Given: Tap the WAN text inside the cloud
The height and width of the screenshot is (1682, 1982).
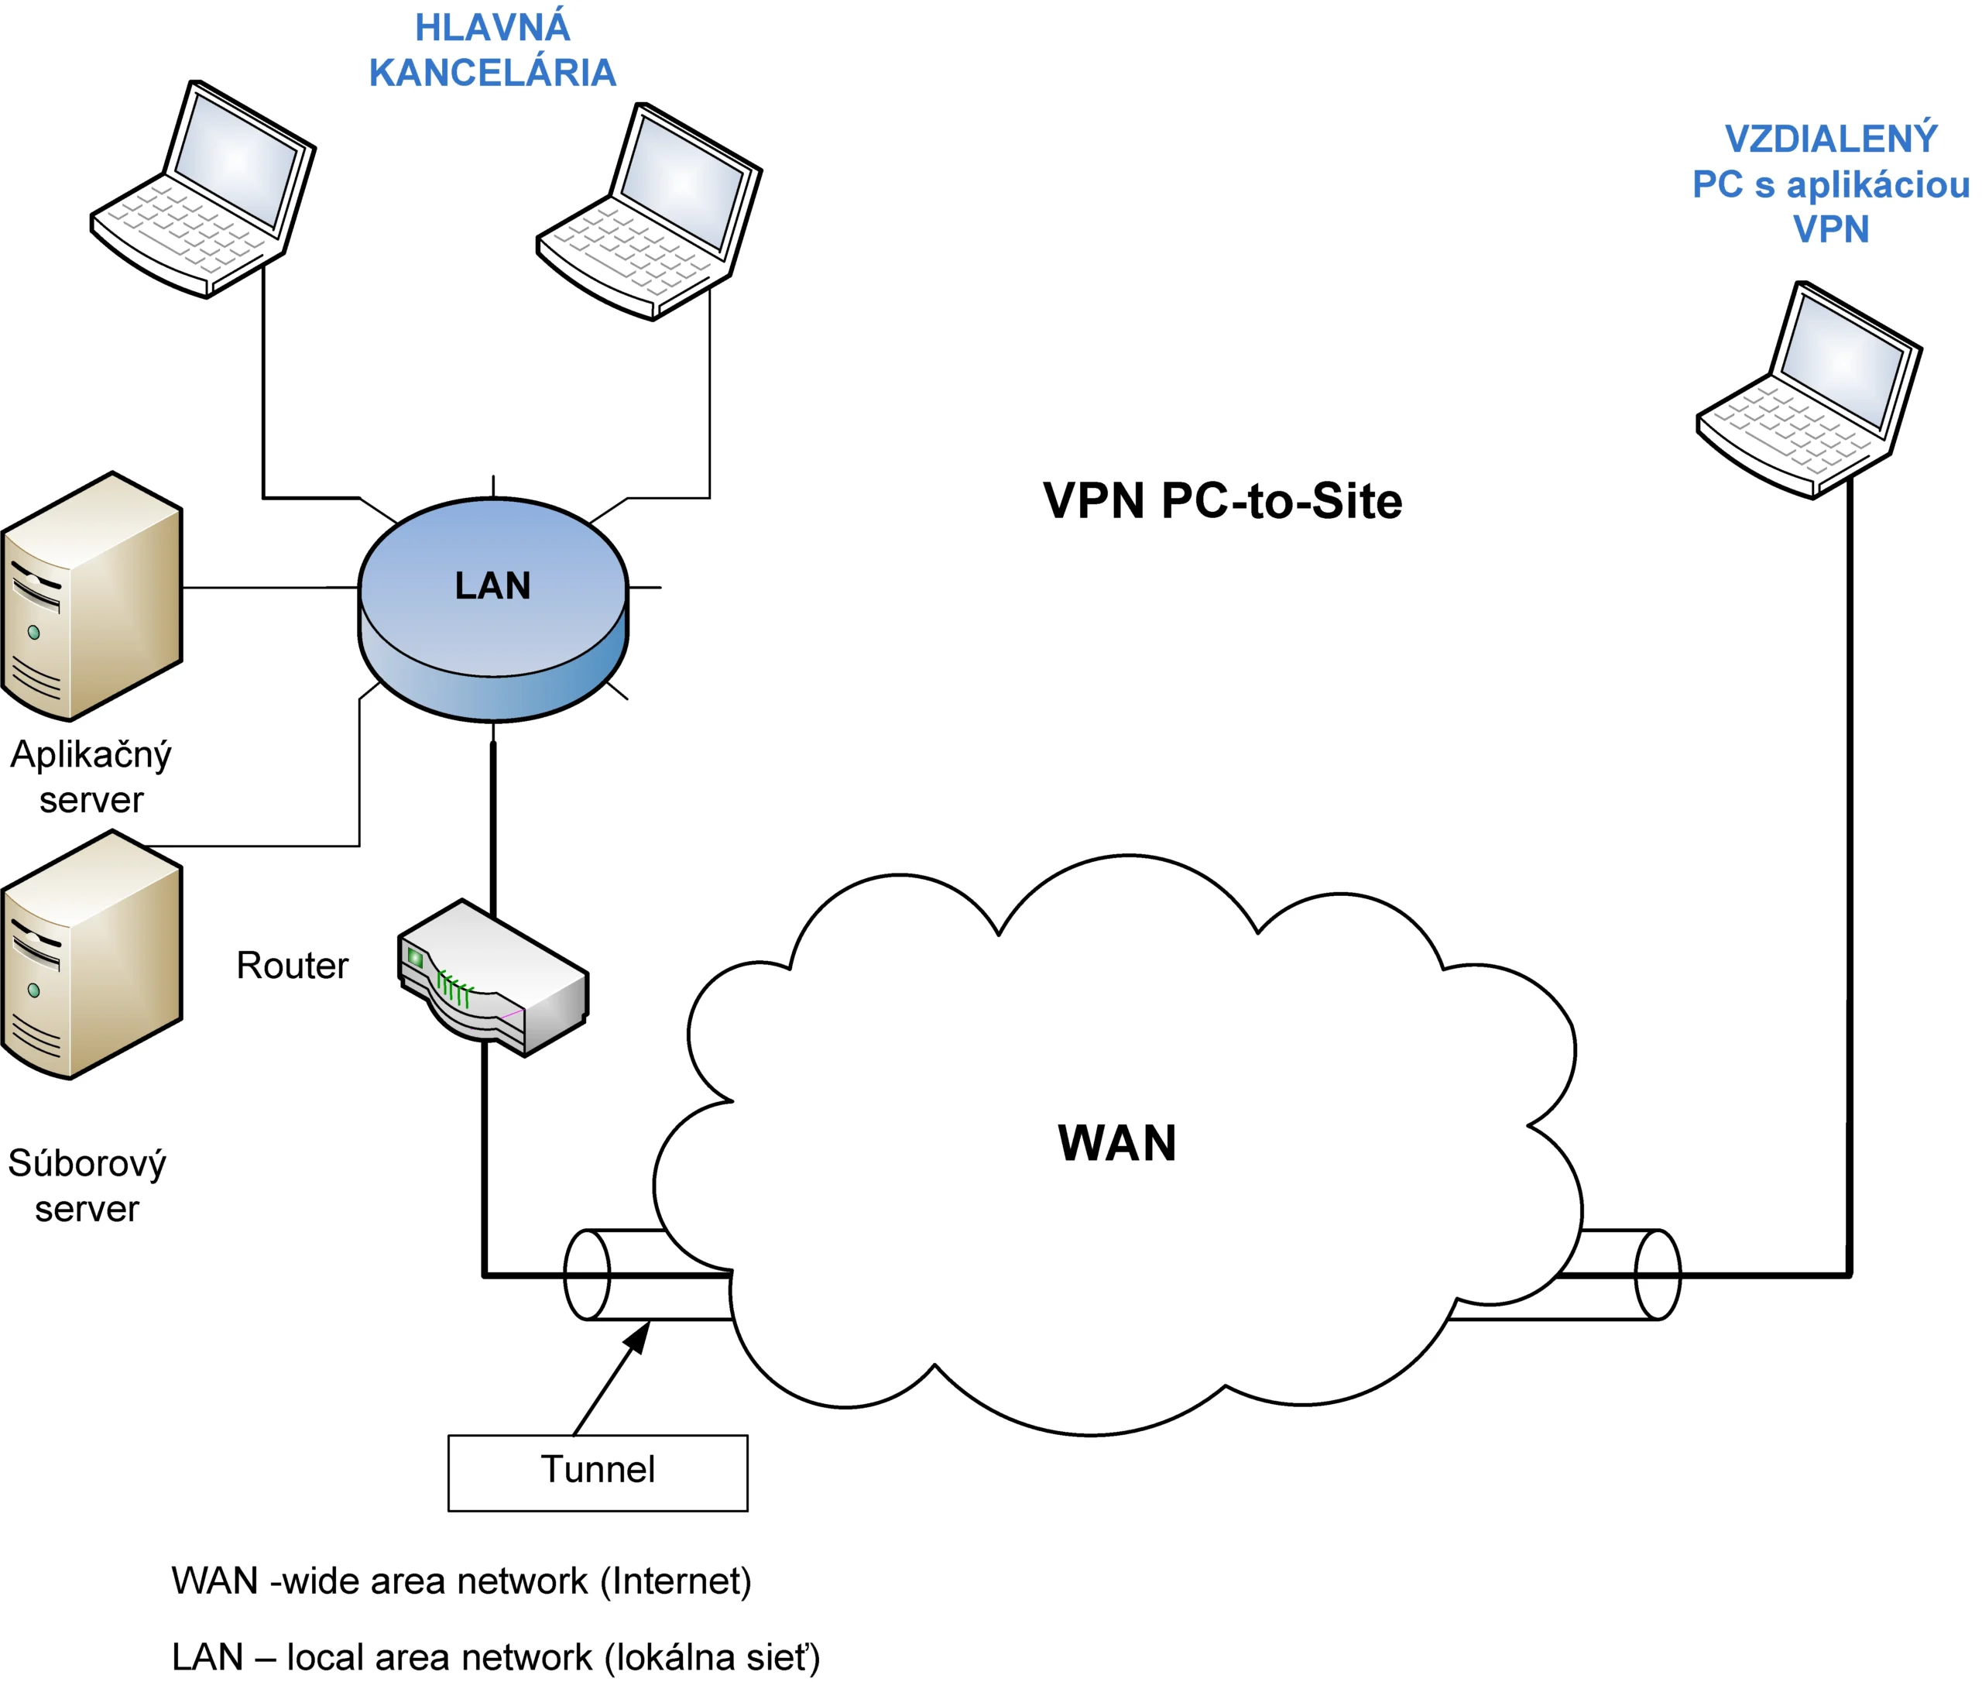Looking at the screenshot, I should click(1116, 1143).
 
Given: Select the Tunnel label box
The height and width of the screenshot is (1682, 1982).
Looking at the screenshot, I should click(598, 1472).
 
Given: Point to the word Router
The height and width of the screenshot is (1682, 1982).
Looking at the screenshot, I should click(292, 966).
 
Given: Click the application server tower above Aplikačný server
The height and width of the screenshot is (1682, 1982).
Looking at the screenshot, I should click(91, 597).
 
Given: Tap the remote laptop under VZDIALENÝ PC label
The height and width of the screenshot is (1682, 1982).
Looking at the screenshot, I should click(1808, 390).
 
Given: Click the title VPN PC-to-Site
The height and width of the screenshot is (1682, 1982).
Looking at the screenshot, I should click(1222, 502).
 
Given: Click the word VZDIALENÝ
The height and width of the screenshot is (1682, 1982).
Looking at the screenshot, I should click(1830, 139).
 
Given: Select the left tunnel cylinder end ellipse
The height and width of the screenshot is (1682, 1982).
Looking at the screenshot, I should click(588, 1275).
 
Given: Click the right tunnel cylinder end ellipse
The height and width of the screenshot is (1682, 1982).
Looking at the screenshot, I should click(1657, 1275).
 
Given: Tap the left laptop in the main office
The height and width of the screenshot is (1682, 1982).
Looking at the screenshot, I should click(202, 190).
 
